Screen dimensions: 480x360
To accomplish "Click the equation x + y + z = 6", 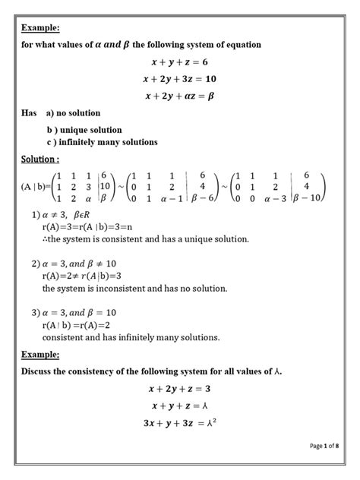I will (x=179, y=62).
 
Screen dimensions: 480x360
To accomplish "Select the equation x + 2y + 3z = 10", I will (x=179, y=79).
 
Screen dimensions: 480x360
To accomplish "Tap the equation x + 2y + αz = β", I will (x=179, y=96).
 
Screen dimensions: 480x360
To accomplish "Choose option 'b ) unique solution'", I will (x=84, y=130).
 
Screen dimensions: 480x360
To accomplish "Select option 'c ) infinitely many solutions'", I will (x=102, y=142).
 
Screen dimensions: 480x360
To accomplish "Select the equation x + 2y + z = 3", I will (x=179, y=389).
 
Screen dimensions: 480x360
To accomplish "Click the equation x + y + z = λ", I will (x=179, y=406).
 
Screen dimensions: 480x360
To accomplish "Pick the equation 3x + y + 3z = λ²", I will (x=179, y=423).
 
